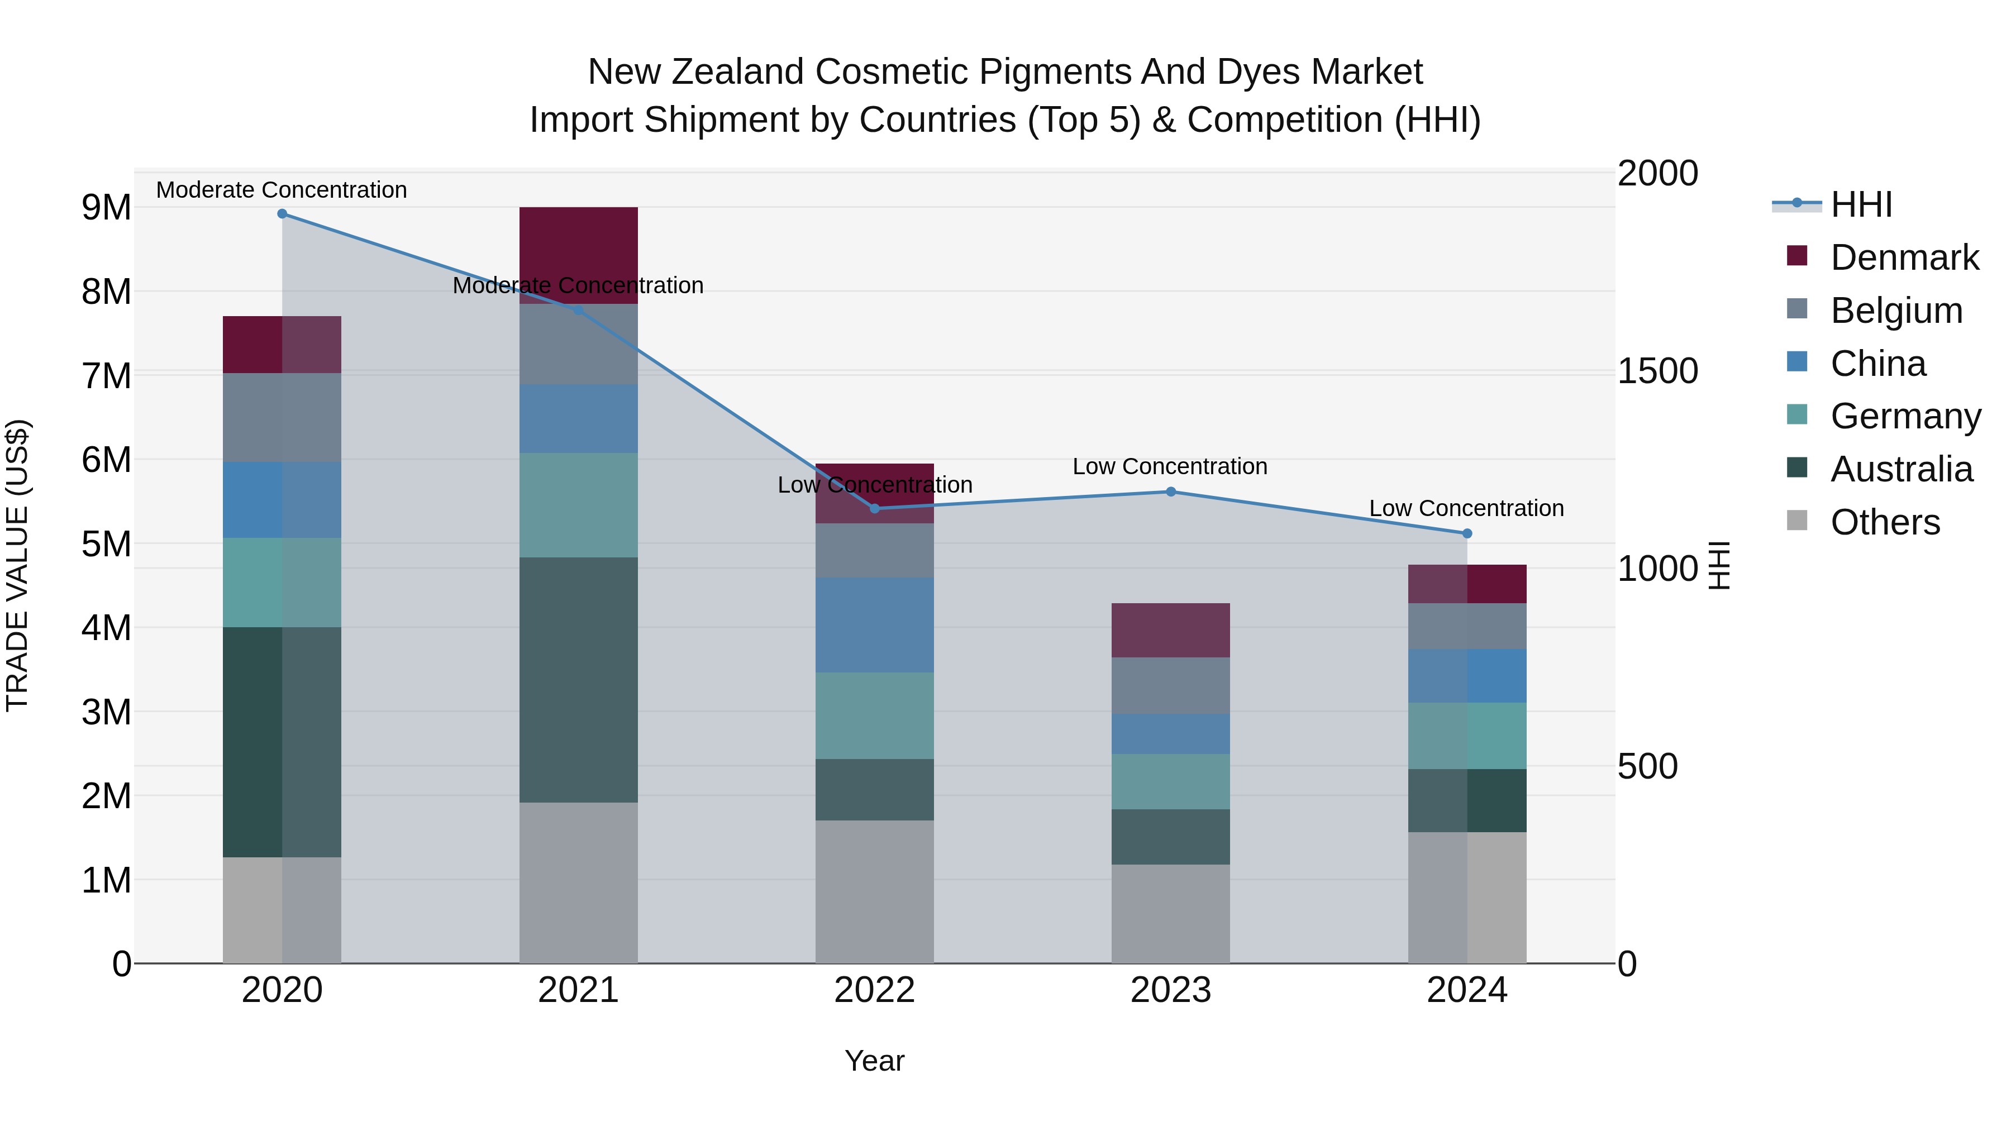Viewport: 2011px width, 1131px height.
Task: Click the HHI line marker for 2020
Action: (283, 214)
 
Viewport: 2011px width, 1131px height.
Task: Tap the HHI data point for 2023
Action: (1171, 491)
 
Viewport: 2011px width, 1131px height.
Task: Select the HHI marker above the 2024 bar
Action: (1467, 534)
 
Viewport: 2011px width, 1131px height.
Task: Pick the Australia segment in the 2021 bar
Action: (579, 679)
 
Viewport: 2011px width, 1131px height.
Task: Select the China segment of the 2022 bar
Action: (874, 624)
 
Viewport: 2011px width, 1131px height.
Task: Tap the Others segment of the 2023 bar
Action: (1171, 913)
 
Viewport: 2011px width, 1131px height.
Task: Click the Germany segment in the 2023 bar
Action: (1171, 781)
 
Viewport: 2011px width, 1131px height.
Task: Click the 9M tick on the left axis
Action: (106, 208)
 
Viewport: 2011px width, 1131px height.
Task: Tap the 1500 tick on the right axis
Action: (1657, 371)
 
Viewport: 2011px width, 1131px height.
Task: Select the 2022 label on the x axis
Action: (874, 990)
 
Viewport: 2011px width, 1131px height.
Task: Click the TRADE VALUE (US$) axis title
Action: (17, 565)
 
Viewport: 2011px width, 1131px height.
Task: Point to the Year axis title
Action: (874, 1061)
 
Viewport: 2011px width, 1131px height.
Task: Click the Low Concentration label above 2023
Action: (1169, 467)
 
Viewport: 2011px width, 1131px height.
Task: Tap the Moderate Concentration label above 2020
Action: (282, 190)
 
